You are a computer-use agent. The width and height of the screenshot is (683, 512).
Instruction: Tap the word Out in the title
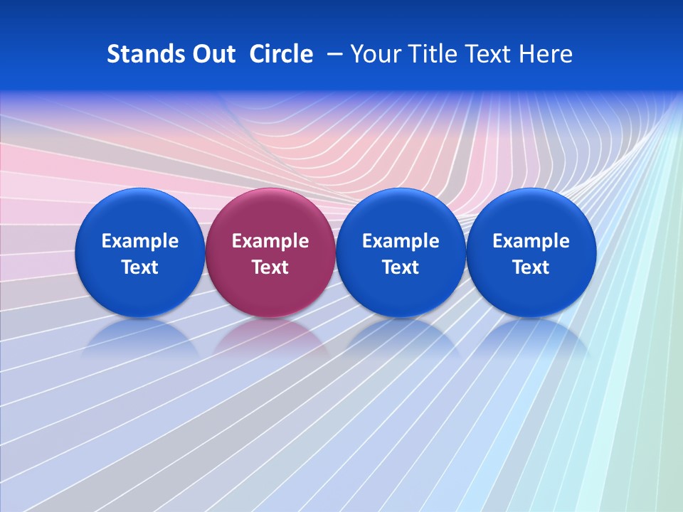click(x=212, y=54)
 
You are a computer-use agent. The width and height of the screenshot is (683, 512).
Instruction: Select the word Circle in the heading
click(x=281, y=54)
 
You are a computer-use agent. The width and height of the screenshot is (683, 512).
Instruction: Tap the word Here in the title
click(x=546, y=54)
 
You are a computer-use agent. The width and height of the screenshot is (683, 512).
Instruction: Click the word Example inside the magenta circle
click(x=270, y=241)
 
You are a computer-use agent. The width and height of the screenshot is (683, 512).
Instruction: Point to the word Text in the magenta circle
click(x=270, y=267)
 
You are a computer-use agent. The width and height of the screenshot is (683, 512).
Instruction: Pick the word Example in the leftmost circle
click(x=140, y=241)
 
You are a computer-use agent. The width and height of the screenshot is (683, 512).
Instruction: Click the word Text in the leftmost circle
click(x=140, y=267)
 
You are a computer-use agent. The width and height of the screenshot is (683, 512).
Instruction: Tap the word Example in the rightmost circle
click(x=531, y=241)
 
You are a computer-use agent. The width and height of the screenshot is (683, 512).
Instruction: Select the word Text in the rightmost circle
click(x=531, y=267)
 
